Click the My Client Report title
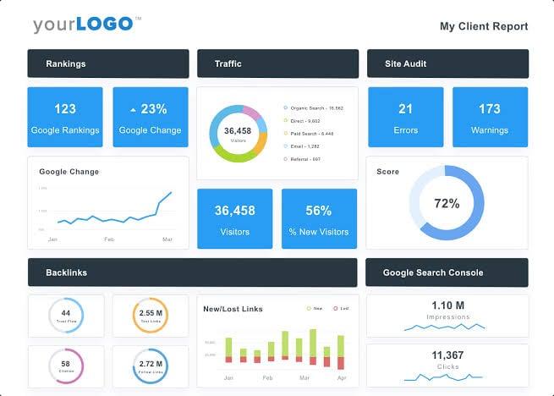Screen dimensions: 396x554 tap(483, 26)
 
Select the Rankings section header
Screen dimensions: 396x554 tap(107, 63)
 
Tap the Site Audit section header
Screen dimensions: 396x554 tap(447, 63)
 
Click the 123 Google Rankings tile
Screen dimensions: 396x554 tap(65, 118)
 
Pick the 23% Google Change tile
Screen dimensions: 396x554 tap(150, 118)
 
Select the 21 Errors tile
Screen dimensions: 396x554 tap(405, 118)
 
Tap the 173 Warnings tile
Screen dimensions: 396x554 tap(490, 118)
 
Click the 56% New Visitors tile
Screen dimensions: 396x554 tap(319, 218)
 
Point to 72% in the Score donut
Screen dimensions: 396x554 tap(447, 203)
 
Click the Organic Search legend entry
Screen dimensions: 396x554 tap(315, 108)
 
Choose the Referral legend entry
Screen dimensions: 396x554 tap(303, 159)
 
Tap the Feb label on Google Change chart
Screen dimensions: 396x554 tap(108, 240)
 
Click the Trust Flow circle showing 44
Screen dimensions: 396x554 tap(66, 316)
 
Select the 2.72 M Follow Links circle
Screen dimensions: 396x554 tap(150, 366)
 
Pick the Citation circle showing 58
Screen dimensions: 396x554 tap(66, 366)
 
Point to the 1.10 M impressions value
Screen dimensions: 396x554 tap(447, 305)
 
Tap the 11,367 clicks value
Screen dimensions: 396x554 tap(447, 355)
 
